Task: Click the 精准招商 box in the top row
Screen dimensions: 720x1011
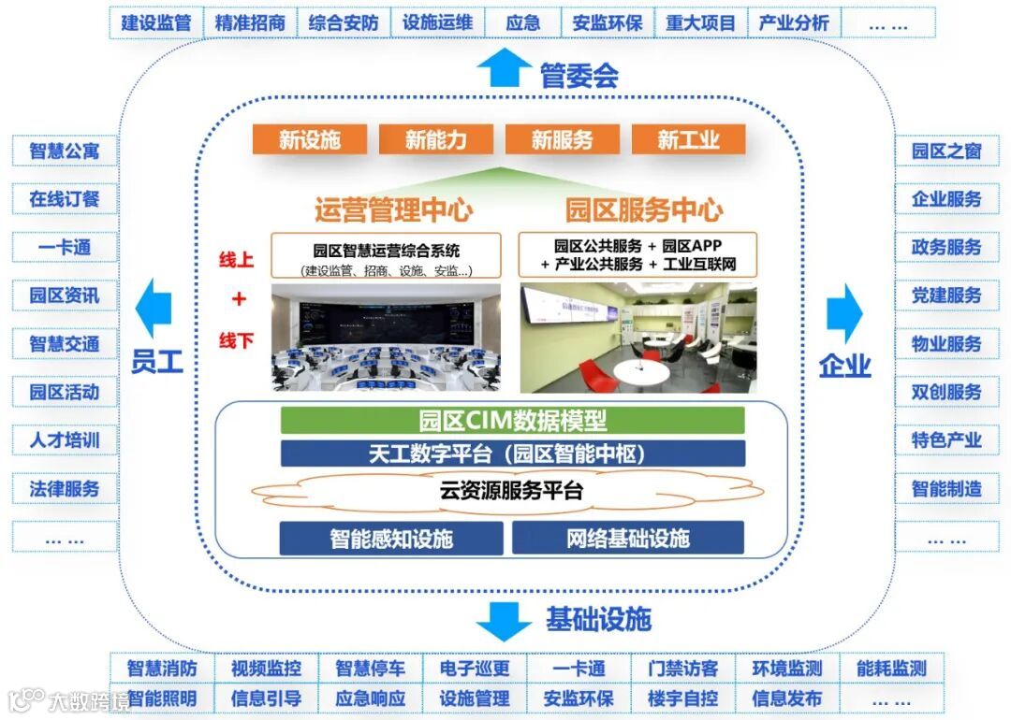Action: click(x=250, y=23)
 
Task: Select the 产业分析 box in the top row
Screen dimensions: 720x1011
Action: click(x=794, y=23)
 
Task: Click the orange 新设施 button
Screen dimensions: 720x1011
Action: click(x=310, y=140)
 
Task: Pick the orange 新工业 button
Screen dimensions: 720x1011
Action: click(x=688, y=140)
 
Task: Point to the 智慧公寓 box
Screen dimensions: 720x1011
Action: click(x=65, y=151)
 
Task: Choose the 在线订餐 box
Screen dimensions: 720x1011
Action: click(x=65, y=199)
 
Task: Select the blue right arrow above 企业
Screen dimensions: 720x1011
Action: click(x=844, y=312)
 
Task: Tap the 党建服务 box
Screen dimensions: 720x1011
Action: click(x=946, y=295)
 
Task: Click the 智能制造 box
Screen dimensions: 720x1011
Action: click(x=946, y=488)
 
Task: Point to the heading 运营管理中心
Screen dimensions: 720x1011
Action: click(x=392, y=209)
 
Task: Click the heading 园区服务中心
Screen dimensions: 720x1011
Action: click(x=644, y=209)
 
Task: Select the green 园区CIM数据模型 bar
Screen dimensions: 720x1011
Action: click(x=512, y=421)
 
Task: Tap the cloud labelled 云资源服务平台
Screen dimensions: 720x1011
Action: click(x=512, y=490)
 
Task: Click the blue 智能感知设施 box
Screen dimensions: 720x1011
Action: click(x=391, y=539)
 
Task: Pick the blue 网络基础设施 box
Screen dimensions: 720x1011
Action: click(x=627, y=539)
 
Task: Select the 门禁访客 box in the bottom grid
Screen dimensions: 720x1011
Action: click(x=683, y=669)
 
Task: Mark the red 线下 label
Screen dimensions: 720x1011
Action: click(x=236, y=339)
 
